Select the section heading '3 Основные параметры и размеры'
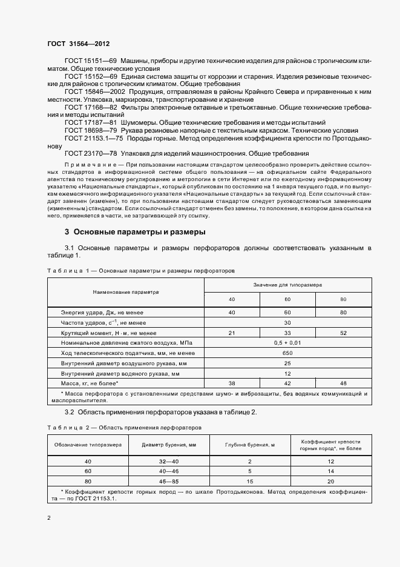coord(135,231)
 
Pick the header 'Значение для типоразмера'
coord(287,283)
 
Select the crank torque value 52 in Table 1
coord(343,333)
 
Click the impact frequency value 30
coord(287,323)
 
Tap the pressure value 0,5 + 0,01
coord(287,343)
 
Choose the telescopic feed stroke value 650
coord(287,354)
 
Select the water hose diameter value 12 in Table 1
coord(287,374)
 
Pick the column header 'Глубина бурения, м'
coord(249,445)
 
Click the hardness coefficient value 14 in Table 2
coord(331,471)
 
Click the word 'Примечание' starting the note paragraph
coord(84,165)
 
